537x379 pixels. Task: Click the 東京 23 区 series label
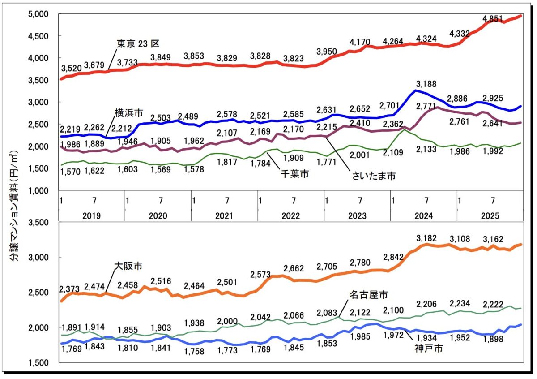(x=138, y=43)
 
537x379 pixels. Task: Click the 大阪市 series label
(x=128, y=266)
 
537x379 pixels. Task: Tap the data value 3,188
(x=426, y=84)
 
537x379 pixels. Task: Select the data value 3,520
(x=72, y=68)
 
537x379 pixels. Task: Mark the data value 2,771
(x=426, y=106)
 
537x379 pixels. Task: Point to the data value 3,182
(x=426, y=237)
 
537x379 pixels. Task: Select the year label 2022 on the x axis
(x=290, y=215)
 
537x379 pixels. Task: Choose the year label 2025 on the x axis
(x=490, y=215)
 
